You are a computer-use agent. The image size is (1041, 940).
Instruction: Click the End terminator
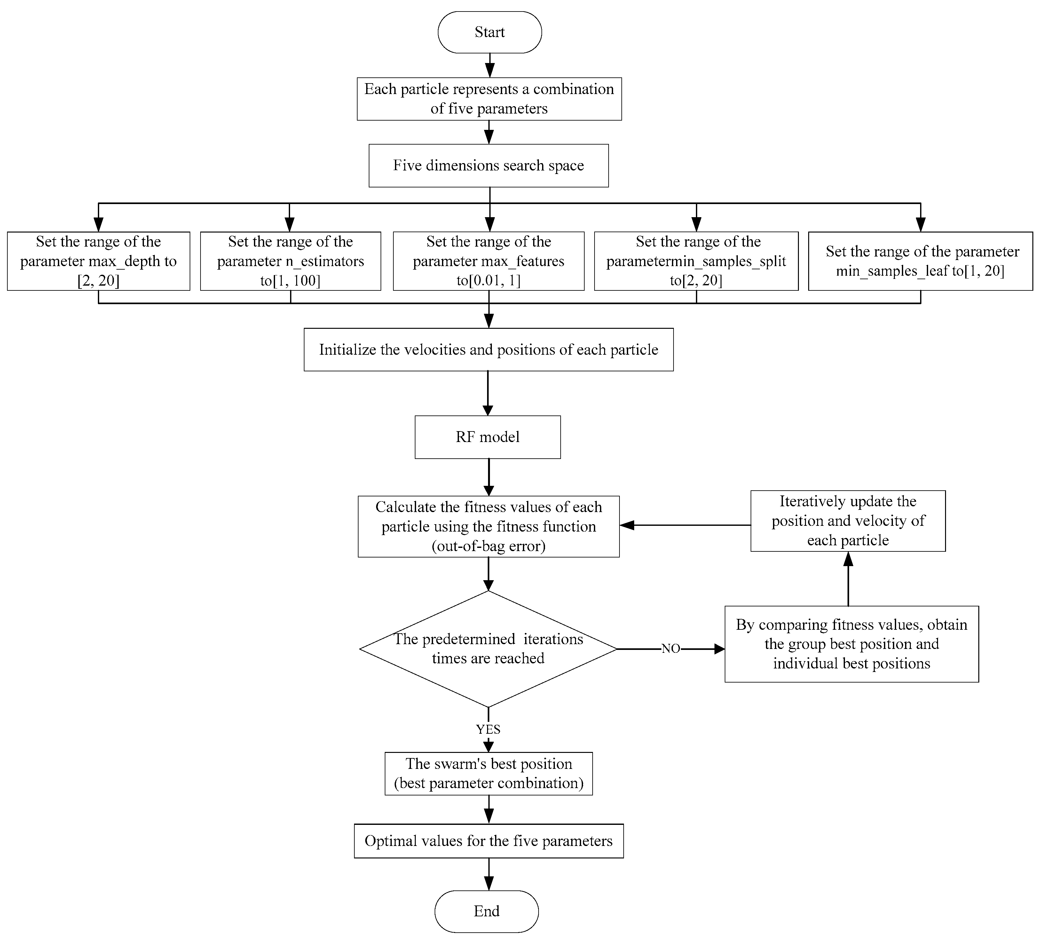pyautogui.click(x=486, y=911)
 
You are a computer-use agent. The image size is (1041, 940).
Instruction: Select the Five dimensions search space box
pyautogui.click(x=488, y=165)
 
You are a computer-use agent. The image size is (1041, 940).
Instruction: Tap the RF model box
pyautogui.click(x=487, y=437)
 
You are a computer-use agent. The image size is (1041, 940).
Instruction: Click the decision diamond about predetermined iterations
pyautogui.click(x=488, y=649)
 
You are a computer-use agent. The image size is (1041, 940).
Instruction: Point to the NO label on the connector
pyautogui.click(x=670, y=649)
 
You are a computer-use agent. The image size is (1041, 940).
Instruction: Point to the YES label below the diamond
pyautogui.click(x=488, y=729)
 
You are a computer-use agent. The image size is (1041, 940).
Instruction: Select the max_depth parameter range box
pyautogui.click(x=98, y=261)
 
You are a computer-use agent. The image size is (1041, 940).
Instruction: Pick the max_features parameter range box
pyautogui.click(x=488, y=261)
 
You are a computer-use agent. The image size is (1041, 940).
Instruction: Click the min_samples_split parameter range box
pyautogui.click(x=696, y=261)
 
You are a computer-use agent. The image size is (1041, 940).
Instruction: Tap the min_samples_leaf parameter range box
pyautogui.click(x=920, y=261)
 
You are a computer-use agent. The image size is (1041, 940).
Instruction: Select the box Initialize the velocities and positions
pyautogui.click(x=488, y=350)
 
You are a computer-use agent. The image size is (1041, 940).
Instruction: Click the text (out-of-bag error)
pyautogui.click(x=488, y=546)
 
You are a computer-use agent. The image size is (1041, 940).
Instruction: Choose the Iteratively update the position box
pyautogui.click(x=848, y=521)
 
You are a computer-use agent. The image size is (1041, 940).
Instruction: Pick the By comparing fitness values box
pyautogui.click(x=851, y=644)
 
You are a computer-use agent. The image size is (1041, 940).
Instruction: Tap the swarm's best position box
pyautogui.click(x=488, y=773)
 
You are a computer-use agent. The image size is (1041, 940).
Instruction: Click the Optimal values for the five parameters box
pyautogui.click(x=488, y=841)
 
